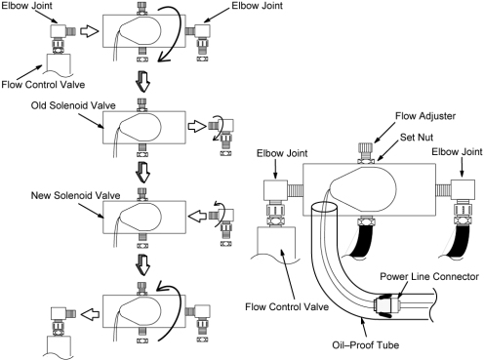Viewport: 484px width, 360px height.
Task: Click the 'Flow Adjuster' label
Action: (425, 116)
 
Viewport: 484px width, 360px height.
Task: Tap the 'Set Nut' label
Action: (417, 138)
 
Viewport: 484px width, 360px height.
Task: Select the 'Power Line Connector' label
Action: (429, 276)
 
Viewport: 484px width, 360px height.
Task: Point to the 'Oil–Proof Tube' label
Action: (365, 344)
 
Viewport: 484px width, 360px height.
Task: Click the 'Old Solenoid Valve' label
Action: (73, 105)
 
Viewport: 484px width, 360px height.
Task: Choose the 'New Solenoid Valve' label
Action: (75, 195)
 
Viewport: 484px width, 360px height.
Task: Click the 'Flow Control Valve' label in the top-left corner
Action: (43, 85)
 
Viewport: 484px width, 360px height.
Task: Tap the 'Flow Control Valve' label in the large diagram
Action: (287, 306)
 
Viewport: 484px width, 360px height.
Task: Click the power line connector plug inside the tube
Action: (387, 305)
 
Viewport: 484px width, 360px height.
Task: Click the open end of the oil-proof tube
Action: (324, 207)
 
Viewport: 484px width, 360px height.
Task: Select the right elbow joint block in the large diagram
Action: (463, 189)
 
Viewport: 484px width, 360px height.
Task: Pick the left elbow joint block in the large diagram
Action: (275, 190)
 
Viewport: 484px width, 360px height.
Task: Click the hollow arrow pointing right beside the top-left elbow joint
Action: (89, 31)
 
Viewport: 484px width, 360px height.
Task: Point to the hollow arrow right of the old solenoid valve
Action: (197, 126)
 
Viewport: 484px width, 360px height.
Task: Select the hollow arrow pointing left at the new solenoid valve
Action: (197, 217)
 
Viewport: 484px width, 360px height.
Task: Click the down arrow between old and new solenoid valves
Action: (142, 172)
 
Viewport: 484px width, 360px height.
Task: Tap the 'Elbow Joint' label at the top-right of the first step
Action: (257, 6)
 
